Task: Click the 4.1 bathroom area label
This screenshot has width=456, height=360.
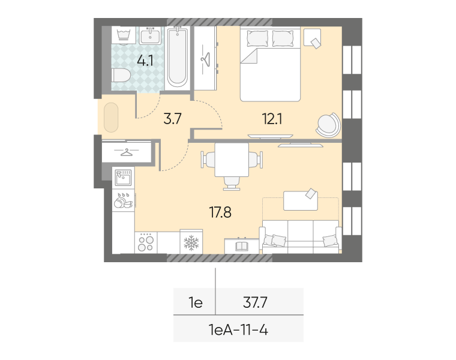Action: pyautogui.click(x=145, y=61)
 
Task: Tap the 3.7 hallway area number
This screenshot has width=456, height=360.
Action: pyautogui.click(x=172, y=119)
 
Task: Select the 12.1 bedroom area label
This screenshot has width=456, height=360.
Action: pyautogui.click(x=272, y=119)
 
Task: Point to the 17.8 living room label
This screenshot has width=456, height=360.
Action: pyautogui.click(x=220, y=212)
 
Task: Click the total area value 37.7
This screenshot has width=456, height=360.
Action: pyautogui.click(x=255, y=302)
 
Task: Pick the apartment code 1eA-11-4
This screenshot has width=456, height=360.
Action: pyautogui.click(x=238, y=330)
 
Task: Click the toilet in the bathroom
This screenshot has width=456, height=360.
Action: pyautogui.click(x=121, y=76)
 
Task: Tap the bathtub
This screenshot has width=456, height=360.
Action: pyautogui.click(x=178, y=57)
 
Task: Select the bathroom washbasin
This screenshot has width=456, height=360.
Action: pyautogui.click(x=150, y=35)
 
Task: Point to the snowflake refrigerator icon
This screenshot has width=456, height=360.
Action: pyautogui.click(x=191, y=242)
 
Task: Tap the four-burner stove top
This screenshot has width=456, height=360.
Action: pyautogui.click(x=146, y=242)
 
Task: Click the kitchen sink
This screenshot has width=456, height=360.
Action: pyautogui.click(x=124, y=178)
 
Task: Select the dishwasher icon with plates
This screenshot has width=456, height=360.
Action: pyautogui.click(x=124, y=200)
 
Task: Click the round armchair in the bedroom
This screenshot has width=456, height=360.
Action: pyautogui.click(x=328, y=125)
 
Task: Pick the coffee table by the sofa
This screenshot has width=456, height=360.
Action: pyautogui.click(x=301, y=200)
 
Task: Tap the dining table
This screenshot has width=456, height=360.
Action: pyautogui.click(x=232, y=160)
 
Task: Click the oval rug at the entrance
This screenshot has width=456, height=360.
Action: pyautogui.click(x=111, y=118)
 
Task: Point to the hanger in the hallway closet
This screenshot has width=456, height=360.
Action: pyautogui.click(x=127, y=152)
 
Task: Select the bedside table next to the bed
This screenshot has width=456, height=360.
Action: pyautogui.click(x=313, y=37)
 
